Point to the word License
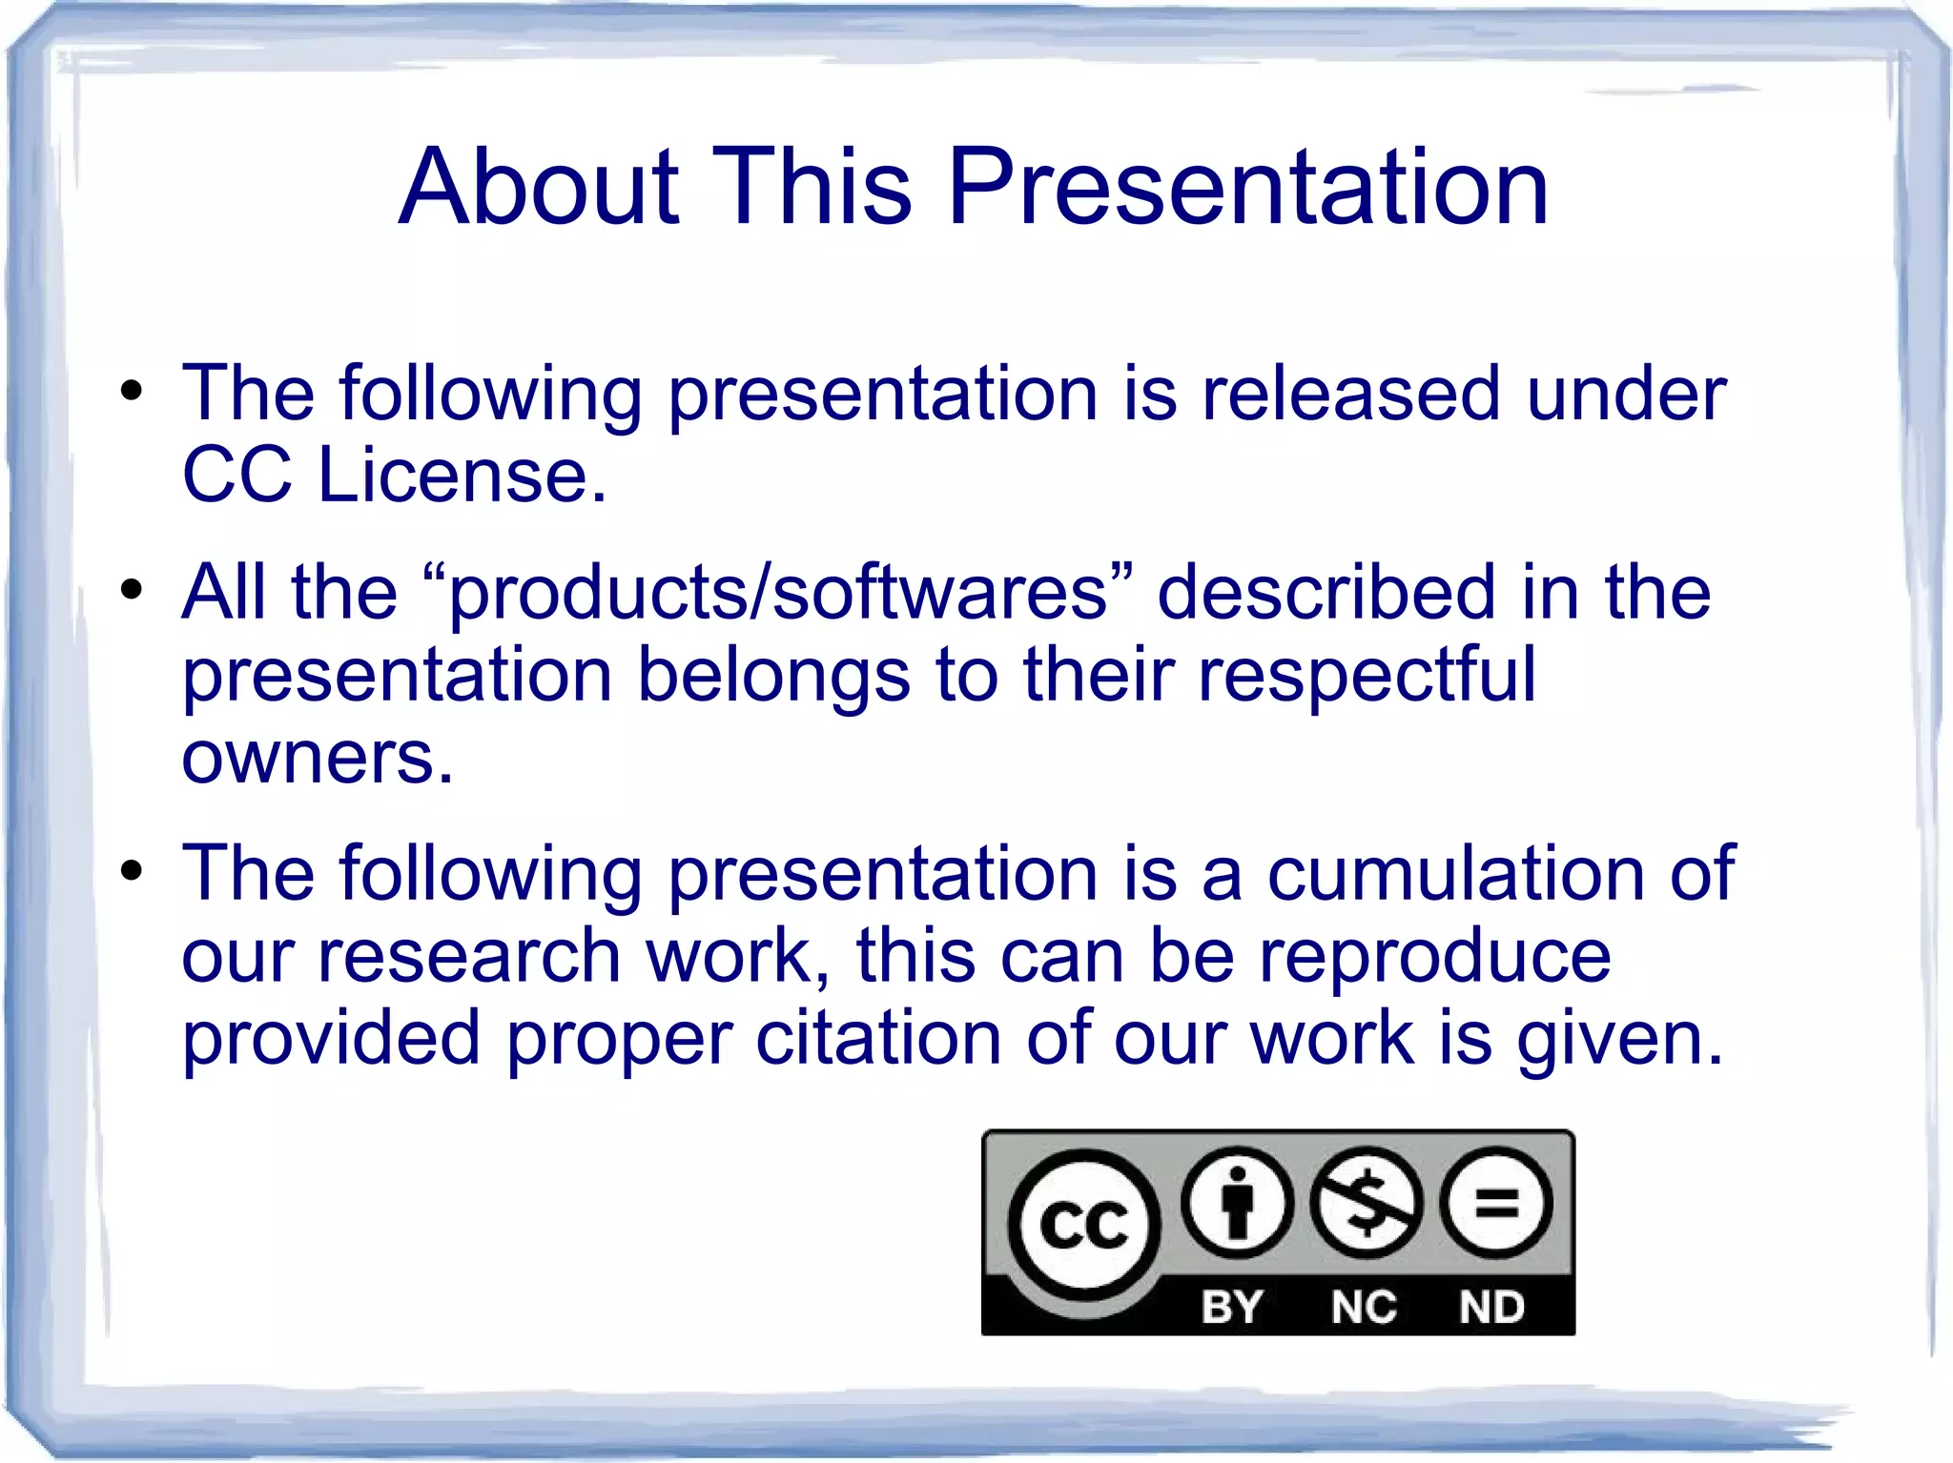click(462, 476)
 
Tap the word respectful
click(1367, 675)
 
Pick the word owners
click(317, 758)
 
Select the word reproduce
click(1434, 956)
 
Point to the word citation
click(878, 1038)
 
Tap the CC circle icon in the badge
click(1084, 1225)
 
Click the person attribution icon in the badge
click(1237, 1203)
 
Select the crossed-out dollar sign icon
click(1367, 1203)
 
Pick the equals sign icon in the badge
click(1495, 1203)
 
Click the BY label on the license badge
click(1232, 1307)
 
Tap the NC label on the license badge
click(1364, 1307)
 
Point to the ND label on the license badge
click(1492, 1307)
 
